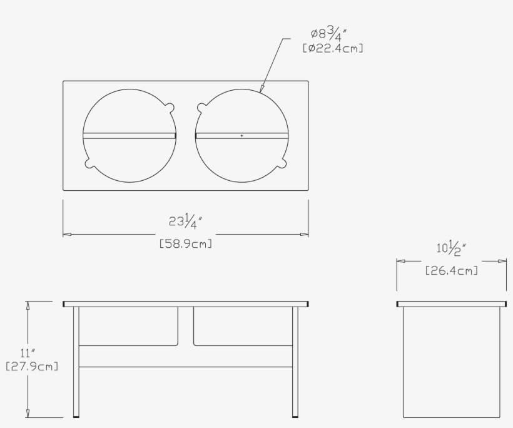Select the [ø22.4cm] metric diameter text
click(x=333, y=48)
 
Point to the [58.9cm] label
click(x=186, y=243)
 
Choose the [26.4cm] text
click(x=451, y=271)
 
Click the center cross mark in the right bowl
click(x=242, y=135)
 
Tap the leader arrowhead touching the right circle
click(x=262, y=90)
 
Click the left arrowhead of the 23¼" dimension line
click(x=67, y=235)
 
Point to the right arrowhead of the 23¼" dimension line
click(x=305, y=235)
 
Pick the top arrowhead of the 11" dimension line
click(x=28, y=305)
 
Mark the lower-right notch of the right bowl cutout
click(x=283, y=164)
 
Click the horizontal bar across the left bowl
click(x=130, y=135)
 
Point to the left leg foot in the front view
click(x=76, y=414)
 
